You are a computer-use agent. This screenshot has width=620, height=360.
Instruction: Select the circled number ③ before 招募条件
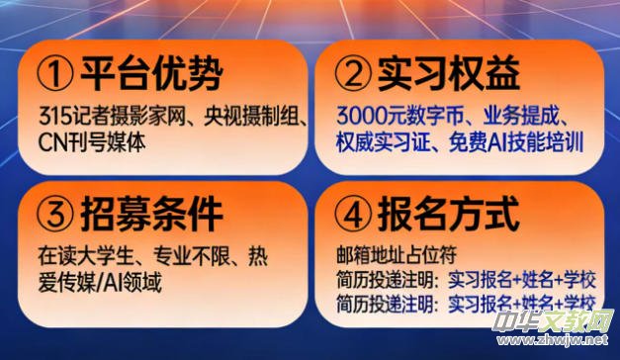pos(57,215)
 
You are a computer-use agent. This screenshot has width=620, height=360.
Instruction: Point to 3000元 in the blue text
pos(368,115)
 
